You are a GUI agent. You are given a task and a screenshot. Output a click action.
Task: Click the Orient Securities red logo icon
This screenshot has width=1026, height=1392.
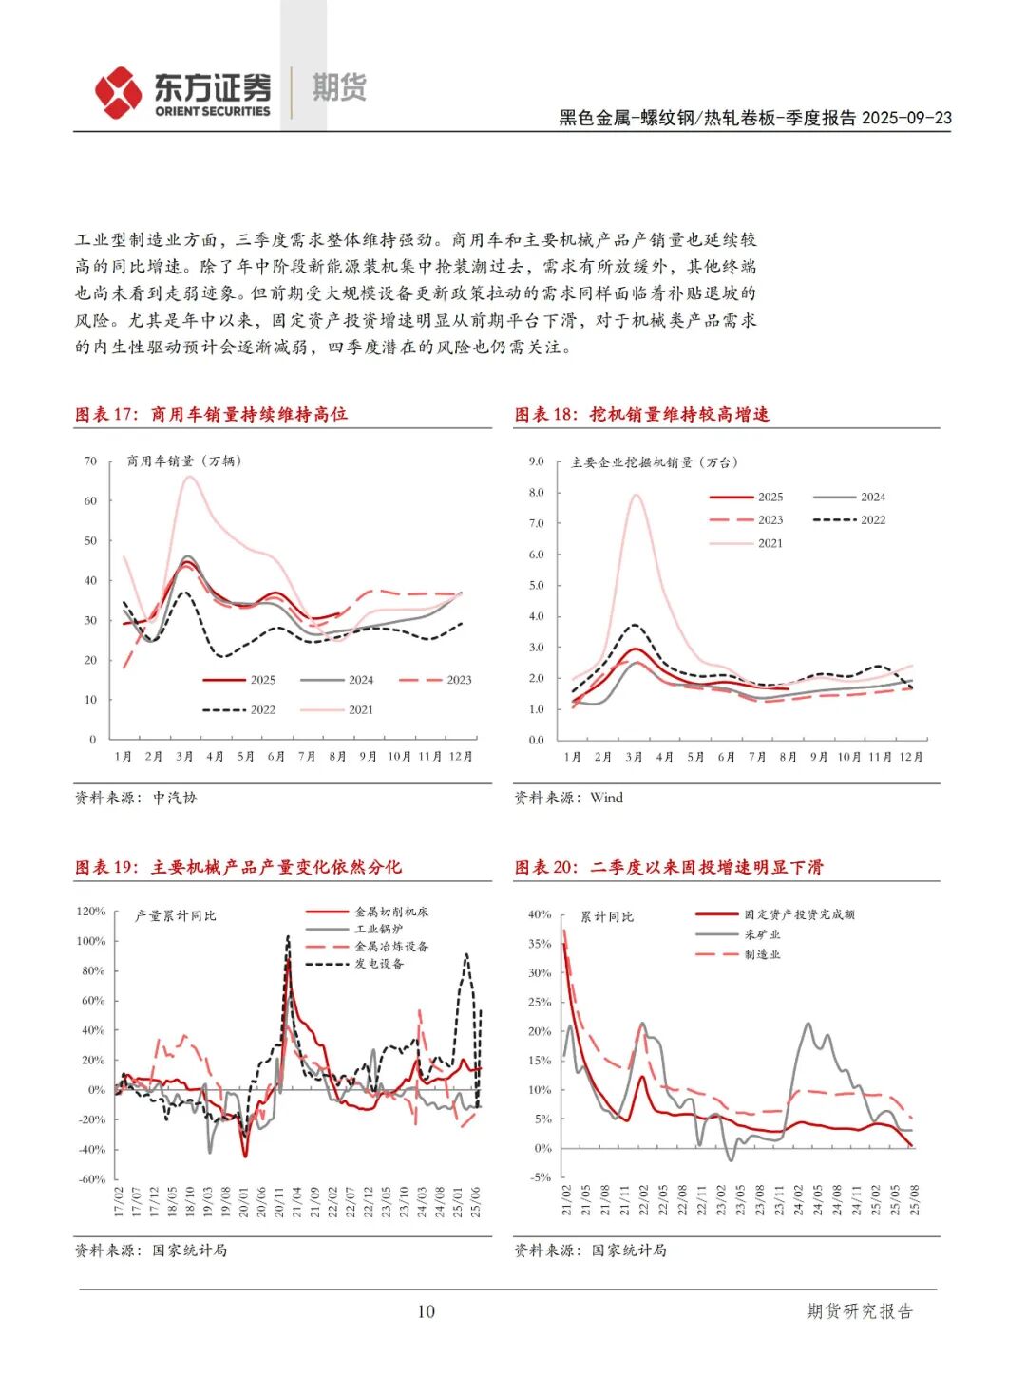pos(119,92)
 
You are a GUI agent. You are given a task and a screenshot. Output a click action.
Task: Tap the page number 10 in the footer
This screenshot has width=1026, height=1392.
pos(426,1311)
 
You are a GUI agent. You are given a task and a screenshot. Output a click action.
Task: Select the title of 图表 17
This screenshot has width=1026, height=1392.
pos(211,414)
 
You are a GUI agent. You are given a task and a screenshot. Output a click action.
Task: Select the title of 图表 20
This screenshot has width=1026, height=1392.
pos(669,867)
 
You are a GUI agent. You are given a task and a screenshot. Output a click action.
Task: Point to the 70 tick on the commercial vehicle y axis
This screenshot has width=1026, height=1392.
pos(90,461)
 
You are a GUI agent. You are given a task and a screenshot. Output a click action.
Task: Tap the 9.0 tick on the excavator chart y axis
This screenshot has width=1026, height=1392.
pos(536,461)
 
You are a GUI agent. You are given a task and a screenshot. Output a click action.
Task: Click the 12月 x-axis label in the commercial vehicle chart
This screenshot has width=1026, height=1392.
pos(461,756)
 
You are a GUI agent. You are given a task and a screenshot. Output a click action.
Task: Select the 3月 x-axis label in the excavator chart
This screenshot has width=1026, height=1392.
pos(634,757)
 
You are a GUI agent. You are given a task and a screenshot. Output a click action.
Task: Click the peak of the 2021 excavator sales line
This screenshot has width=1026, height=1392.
pos(636,495)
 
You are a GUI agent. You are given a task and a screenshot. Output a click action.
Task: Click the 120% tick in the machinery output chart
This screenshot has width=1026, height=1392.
pos(91,912)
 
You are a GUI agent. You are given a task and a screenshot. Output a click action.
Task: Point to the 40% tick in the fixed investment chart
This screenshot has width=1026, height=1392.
pos(540,914)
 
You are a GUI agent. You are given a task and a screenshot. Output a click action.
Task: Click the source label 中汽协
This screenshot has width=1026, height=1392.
pos(175,798)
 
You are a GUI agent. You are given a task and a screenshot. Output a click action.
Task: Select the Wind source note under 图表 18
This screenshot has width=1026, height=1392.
pos(606,798)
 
